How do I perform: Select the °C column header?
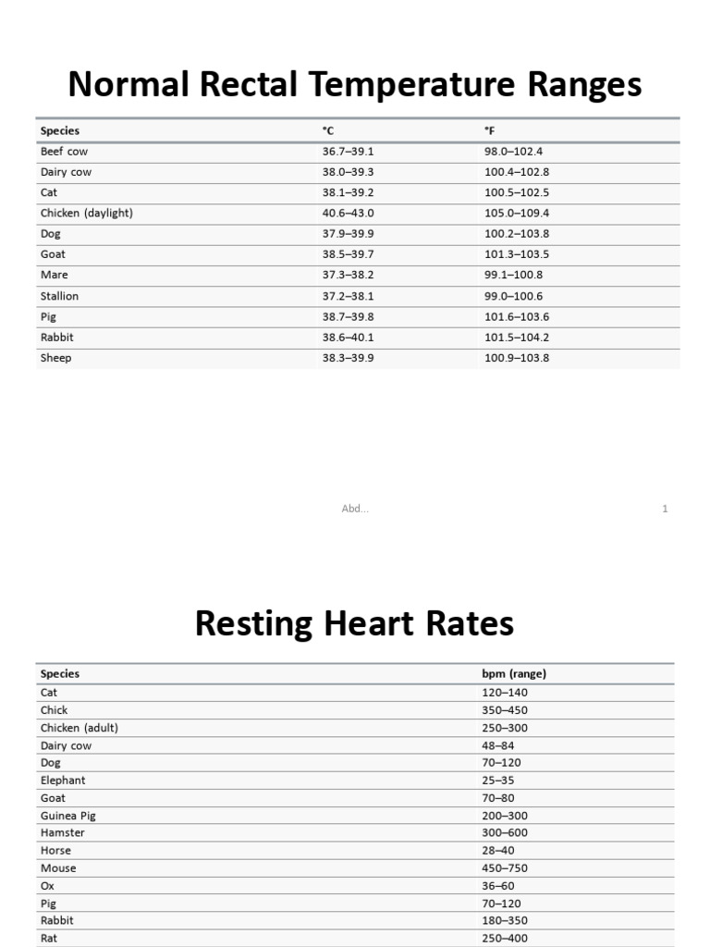click(327, 130)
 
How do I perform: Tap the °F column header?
click(489, 130)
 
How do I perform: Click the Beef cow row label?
click(64, 151)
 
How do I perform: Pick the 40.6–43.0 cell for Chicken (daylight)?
click(348, 213)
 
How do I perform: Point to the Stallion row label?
click(59, 296)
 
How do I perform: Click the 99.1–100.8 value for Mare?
click(513, 275)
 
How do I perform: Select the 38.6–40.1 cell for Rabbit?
click(348, 338)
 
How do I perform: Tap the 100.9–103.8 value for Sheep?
click(517, 358)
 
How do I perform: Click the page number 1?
click(665, 509)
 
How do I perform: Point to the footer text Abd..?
click(355, 509)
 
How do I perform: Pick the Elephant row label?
click(63, 780)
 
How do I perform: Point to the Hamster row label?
click(62, 832)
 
